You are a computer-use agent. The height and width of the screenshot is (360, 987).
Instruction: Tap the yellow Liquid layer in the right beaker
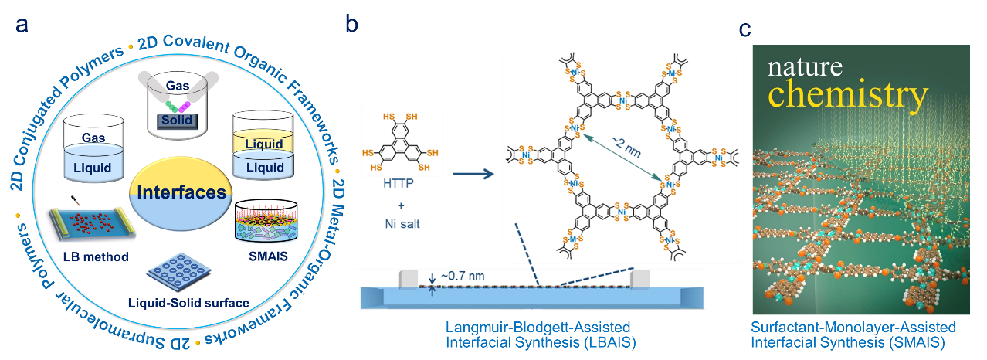[x=264, y=144]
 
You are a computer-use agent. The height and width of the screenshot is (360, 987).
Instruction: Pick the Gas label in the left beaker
[x=93, y=136]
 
